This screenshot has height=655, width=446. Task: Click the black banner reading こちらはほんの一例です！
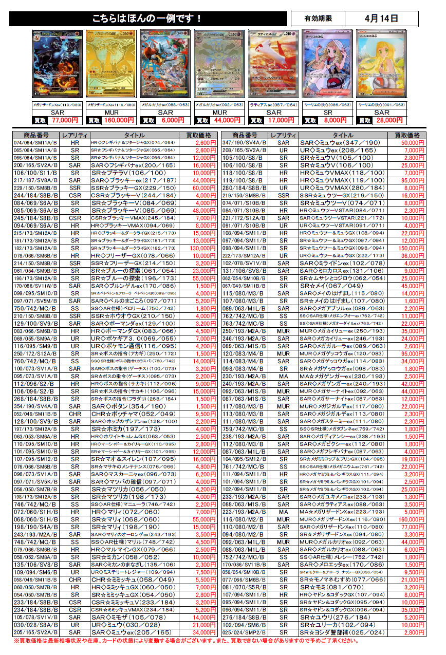point(148,18)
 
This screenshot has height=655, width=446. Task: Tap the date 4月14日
point(381,18)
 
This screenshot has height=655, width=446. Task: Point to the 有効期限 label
point(318,18)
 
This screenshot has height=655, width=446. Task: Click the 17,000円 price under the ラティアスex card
point(280,120)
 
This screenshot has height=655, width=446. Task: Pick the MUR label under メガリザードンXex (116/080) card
point(111,113)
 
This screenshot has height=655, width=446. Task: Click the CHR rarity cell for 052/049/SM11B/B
point(75,414)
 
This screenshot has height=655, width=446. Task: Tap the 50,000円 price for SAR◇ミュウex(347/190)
point(411,143)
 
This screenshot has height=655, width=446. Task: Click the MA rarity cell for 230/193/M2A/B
point(283,376)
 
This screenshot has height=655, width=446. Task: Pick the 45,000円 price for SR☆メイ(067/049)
point(411,286)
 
